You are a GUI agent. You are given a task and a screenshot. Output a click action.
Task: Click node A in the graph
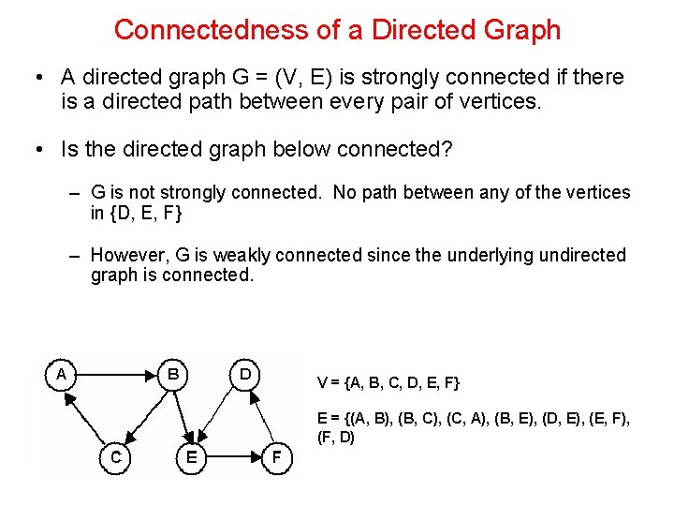[x=61, y=373]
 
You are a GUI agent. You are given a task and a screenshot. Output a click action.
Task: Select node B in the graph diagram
[x=173, y=373]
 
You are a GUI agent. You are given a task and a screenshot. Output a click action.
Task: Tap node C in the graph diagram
[x=115, y=457]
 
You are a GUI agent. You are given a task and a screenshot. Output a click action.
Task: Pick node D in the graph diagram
[x=244, y=373]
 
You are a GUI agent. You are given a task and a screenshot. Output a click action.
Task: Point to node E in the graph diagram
[x=192, y=457]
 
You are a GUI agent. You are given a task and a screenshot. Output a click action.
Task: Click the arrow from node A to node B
[x=117, y=373]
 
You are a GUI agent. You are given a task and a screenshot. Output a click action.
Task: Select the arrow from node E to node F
[x=234, y=457]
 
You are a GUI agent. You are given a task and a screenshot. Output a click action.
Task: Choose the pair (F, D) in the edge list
[x=337, y=437]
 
